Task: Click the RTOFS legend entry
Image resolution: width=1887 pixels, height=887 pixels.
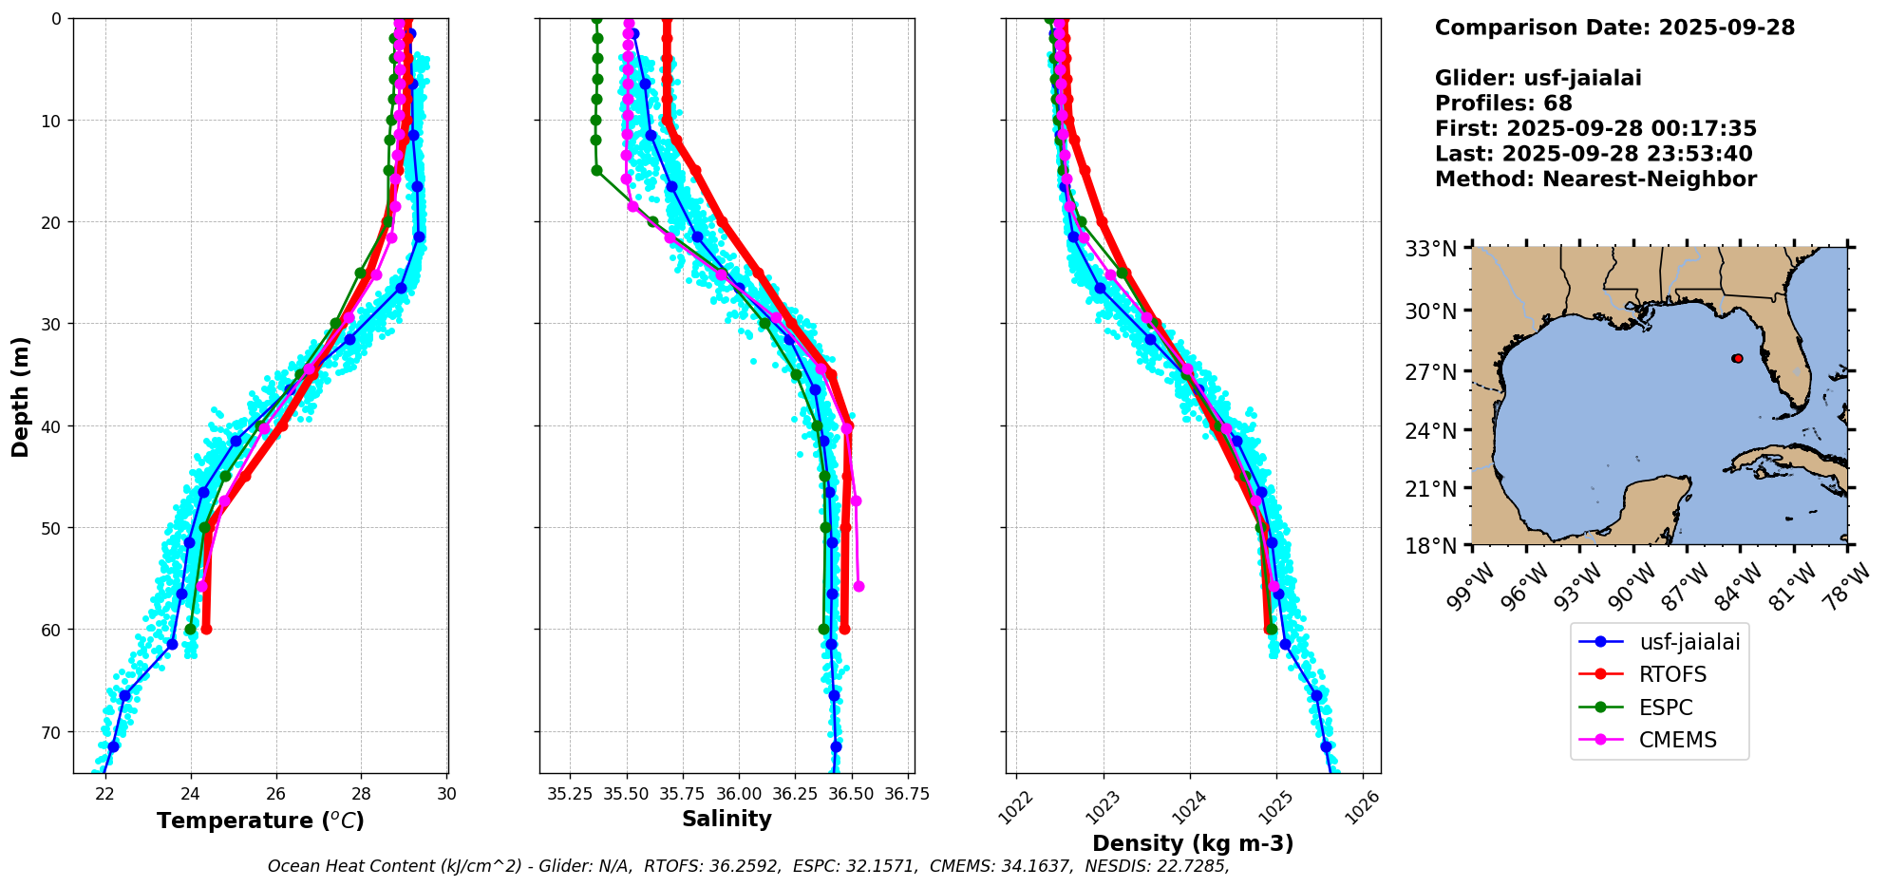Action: coord(1672,674)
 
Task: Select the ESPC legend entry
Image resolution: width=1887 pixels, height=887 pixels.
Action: coord(1666,708)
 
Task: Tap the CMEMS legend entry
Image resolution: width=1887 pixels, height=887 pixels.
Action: coord(1677,740)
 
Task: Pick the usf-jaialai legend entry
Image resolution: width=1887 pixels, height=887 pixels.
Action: coord(1689,642)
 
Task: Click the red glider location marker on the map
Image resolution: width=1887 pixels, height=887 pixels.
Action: coord(1737,358)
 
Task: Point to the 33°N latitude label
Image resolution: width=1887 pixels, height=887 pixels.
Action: coord(1430,249)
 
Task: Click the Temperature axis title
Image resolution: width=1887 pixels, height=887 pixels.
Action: coord(260,821)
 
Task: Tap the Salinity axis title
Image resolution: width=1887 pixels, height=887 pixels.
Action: coord(726,819)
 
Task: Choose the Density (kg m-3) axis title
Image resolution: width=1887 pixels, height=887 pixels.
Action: coord(1193,843)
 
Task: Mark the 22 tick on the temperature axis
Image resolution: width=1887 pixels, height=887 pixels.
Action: coord(105,794)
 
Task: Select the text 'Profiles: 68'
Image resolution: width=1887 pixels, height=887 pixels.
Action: coord(1503,104)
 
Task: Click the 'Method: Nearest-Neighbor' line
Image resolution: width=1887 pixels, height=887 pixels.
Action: coord(1595,179)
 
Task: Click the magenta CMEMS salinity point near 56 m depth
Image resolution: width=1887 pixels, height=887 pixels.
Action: coord(859,586)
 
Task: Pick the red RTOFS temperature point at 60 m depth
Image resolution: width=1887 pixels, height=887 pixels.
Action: coord(206,629)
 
